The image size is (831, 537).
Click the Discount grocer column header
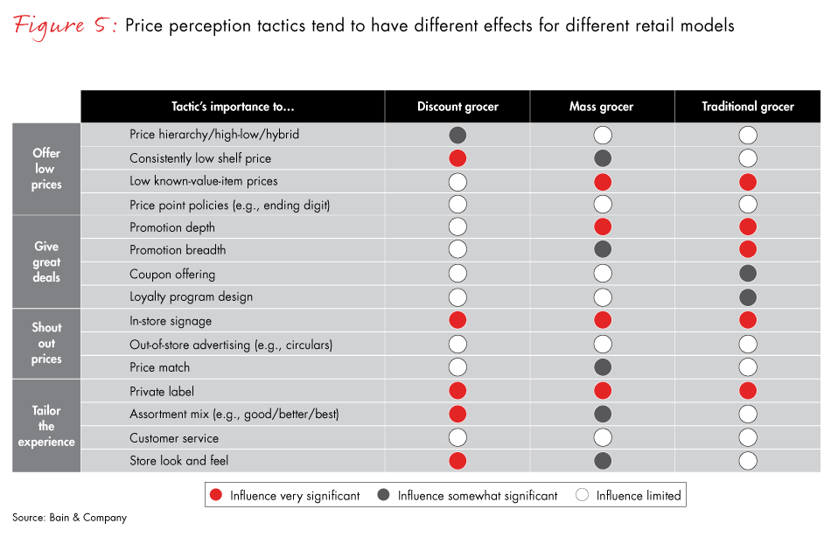[457, 107]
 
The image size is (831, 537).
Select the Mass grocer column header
[602, 107]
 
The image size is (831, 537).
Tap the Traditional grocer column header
[748, 107]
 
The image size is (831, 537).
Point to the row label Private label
[162, 392]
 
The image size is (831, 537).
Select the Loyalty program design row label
[191, 296]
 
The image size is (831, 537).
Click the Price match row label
[159, 367]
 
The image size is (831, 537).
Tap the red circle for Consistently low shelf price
[457, 158]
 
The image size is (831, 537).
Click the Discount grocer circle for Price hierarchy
[457, 136]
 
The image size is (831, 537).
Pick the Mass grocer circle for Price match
[603, 367]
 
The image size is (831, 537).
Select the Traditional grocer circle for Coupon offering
[748, 274]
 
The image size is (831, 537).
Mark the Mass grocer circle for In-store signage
[603, 321]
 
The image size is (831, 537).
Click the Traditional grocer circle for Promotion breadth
[748, 250]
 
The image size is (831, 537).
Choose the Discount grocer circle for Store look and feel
[457, 461]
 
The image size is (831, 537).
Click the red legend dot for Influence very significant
[216, 495]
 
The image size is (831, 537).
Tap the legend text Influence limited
[638, 495]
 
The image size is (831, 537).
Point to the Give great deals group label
[46, 262]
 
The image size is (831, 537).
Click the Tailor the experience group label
[46, 426]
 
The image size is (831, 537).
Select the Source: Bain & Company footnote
[69, 518]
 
